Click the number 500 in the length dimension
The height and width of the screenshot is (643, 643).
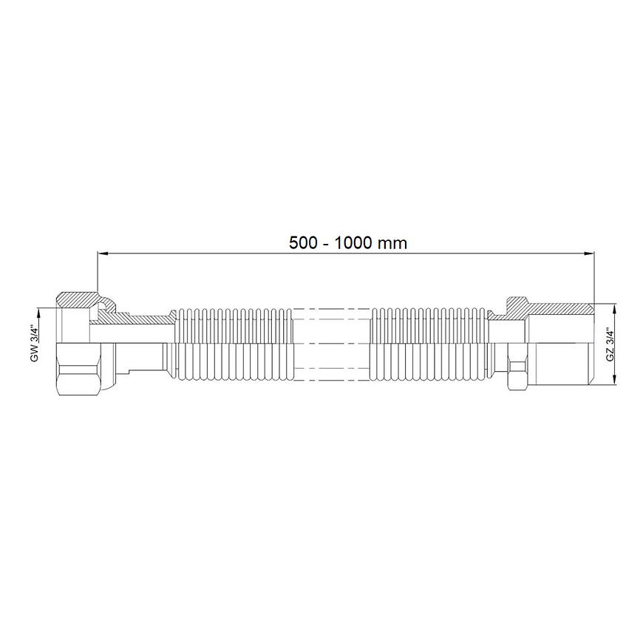[x=303, y=242]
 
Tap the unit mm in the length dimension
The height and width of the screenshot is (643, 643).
[x=392, y=244]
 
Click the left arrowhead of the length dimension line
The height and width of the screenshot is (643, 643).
[x=103, y=254]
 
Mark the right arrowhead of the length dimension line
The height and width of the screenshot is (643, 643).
[x=589, y=254]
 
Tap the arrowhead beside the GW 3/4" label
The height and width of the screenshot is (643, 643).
[x=38, y=313]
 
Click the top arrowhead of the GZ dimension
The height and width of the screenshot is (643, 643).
[x=615, y=309]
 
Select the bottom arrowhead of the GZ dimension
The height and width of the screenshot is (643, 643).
[x=615, y=379]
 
